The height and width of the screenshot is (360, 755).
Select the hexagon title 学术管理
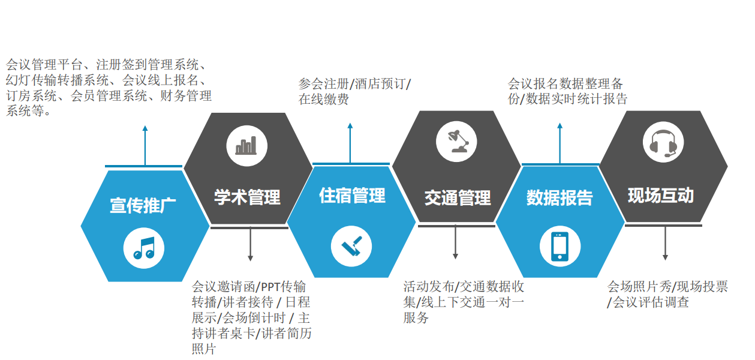[x=247, y=197]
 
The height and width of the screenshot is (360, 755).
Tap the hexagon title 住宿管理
[x=352, y=196]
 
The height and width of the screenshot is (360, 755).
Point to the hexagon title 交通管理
[x=458, y=197]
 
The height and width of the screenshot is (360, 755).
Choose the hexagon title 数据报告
[x=560, y=197]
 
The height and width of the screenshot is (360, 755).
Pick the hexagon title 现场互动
[x=661, y=196]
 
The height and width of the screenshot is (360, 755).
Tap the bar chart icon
[x=246, y=145]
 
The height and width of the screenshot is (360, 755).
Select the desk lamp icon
[x=456, y=141]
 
